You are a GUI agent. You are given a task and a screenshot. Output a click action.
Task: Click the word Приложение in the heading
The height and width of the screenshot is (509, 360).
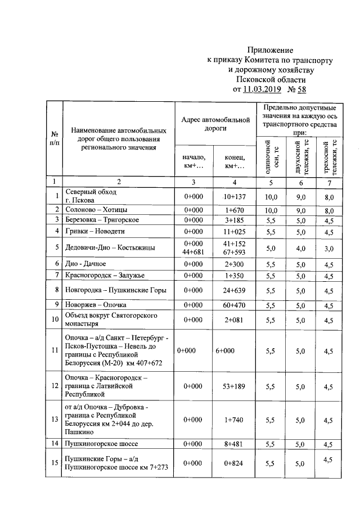pyautogui.click(x=271, y=49)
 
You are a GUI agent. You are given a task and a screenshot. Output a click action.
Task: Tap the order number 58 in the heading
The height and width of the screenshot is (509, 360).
pyautogui.click(x=301, y=89)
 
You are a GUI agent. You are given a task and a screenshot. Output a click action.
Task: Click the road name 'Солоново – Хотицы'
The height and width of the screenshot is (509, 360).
pyautogui.click(x=96, y=209)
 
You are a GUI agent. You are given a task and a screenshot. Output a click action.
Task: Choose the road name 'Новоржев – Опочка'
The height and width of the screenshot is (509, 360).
pyautogui.click(x=96, y=305)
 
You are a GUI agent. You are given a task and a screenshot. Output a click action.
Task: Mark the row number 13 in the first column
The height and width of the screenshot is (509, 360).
pyautogui.click(x=55, y=420)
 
